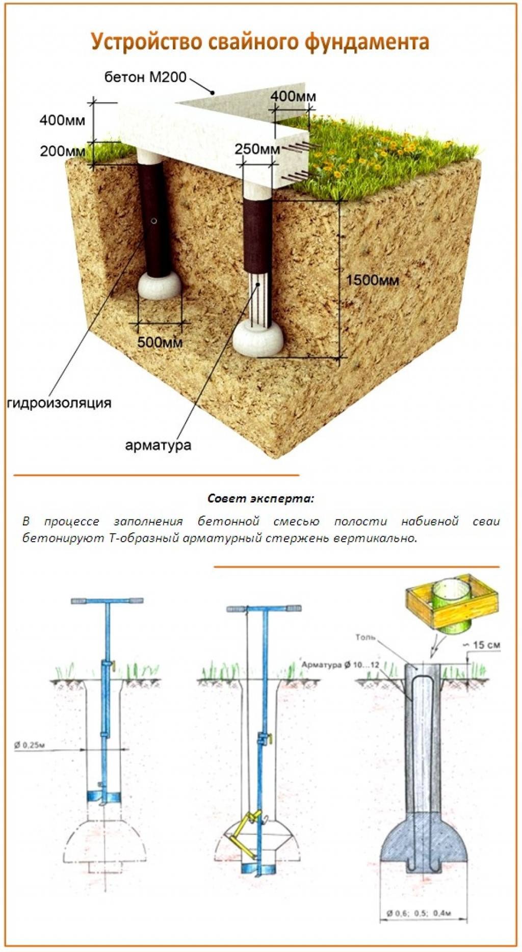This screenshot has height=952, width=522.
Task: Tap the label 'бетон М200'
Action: [145, 77]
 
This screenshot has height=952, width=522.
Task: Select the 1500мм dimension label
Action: [372, 280]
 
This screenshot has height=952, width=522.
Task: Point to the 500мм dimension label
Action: [160, 342]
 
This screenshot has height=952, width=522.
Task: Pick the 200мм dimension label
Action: [63, 151]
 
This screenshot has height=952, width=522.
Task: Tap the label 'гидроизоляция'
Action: [60, 403]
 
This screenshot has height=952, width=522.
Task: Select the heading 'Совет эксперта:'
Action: [261, 498]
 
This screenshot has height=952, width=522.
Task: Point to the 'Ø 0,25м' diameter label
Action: [31, 746]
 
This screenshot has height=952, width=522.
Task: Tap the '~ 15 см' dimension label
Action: [484, 645]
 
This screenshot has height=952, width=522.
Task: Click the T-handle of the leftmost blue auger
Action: [107, 601]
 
